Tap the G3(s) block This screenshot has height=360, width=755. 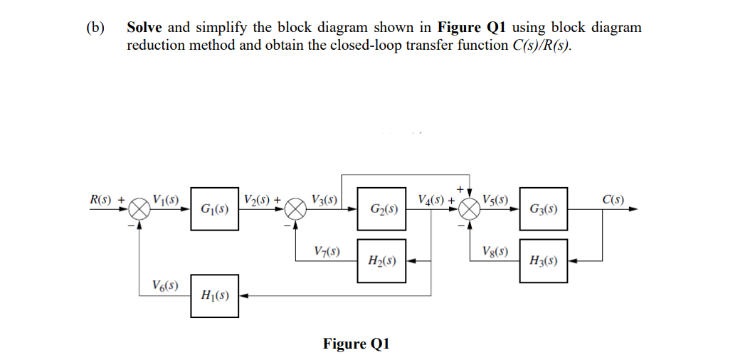pyautogui.click(x=544, y=210)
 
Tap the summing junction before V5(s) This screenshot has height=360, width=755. pyautogui.click(x=470, y=210)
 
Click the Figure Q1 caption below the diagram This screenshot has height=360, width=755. pyautogui.click(x=356, y=344)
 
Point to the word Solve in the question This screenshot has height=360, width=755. pyautogui.click(x=144, y=28)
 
